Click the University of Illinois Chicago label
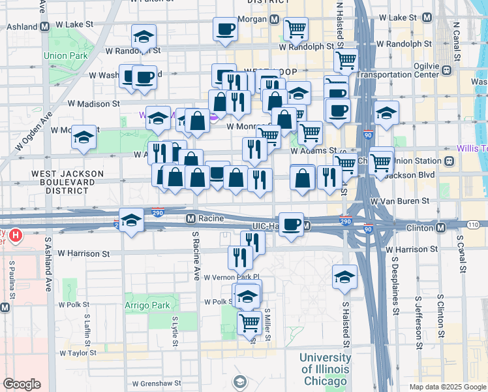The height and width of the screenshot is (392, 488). [x=325, y=369]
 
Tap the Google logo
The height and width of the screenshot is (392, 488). [x=22, y=384]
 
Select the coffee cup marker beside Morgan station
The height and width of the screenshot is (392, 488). [x=226, y=29]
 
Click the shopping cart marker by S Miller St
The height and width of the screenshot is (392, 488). [x=249, y=321]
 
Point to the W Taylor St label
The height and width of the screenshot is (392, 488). [x=78, y=353]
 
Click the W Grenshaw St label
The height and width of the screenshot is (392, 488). [x=155, y=384]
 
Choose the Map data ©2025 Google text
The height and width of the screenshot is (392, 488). [x=448, y=387]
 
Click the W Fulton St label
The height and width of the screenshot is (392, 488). [x=157, y=2]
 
